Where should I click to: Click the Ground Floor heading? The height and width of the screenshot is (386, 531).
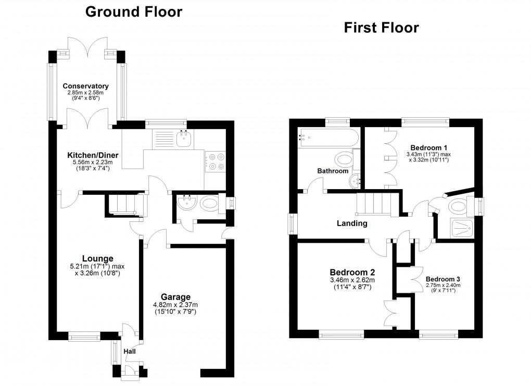(134, 11)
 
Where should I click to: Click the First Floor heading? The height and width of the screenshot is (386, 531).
(381, 28)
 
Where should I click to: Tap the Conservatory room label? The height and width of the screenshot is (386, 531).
(86, 86)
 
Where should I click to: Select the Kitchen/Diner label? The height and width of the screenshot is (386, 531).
(93, 155)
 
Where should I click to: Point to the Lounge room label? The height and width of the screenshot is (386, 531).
(97, 258)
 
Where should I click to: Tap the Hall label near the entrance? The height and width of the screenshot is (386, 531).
(130, 352)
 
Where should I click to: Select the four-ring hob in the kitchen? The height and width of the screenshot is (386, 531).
(215, 161)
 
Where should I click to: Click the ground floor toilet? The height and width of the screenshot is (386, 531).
(210, 203)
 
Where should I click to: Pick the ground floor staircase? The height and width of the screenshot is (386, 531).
(125, 204)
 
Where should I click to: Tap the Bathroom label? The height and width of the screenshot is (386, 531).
(333, 171)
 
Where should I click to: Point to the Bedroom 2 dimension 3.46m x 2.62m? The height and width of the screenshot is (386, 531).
(352, 280)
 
